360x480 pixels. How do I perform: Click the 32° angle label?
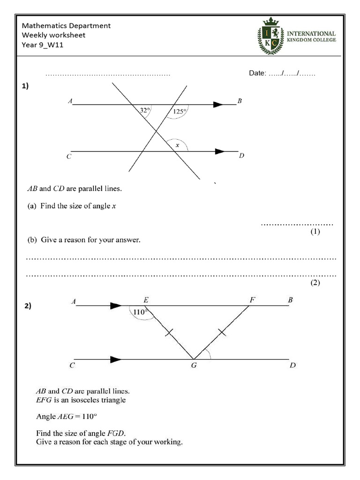[x=145, y=111]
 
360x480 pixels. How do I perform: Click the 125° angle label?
[x=180, y=111]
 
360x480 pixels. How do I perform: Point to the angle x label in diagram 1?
[x=177, y=145]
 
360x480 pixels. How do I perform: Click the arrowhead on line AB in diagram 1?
[x=218, y=105]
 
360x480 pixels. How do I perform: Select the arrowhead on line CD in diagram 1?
[x=219, y=151]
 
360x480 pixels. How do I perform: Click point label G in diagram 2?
[x=193, y=366]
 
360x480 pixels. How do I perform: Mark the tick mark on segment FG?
[x=222, y=333]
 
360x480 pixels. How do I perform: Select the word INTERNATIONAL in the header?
[x=311, y=34]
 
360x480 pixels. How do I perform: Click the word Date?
[x=257, y=73]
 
